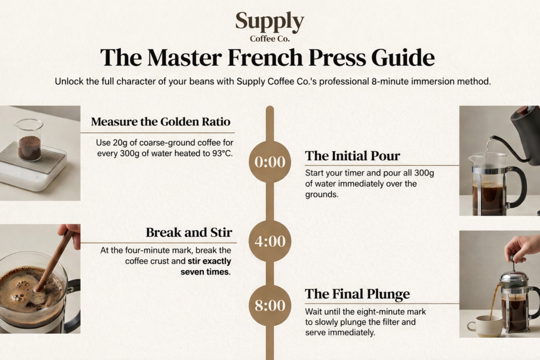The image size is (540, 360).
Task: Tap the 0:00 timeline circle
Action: [x=270, y=162]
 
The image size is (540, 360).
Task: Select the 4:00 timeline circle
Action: [x=270, y=241]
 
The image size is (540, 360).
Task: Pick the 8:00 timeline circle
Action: [x=270, y=305]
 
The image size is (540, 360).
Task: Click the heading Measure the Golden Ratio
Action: [x=160, y=121]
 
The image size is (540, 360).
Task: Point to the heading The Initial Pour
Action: [x=352, y=156]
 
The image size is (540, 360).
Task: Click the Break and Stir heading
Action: [x=189, y=232]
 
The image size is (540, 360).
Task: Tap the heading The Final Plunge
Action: [x=358, y=294]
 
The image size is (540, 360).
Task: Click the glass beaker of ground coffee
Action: [x=30, y=139]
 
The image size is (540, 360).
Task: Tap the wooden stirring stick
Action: [x=55, y=259]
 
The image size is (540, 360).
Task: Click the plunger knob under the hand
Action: [x=514, y=258]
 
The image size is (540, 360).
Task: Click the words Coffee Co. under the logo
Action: [x=269, y=38]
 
